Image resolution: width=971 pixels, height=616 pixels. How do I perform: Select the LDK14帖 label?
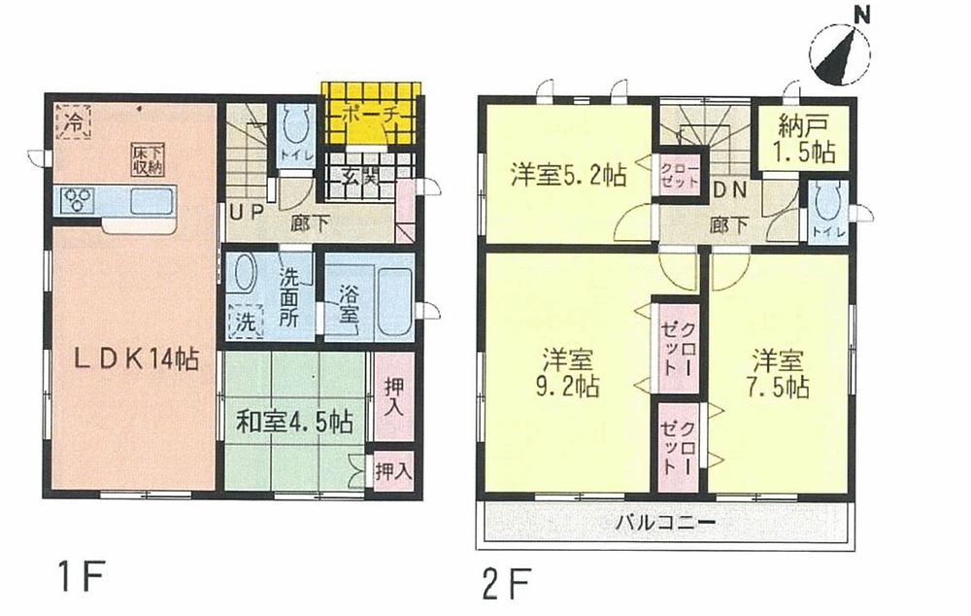[x=138, y=359]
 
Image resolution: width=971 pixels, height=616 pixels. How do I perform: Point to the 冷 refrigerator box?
[x=73, y=121]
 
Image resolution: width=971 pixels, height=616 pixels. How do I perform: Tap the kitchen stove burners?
[x=77, y=202]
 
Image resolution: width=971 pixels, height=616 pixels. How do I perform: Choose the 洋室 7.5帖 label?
[x=780, y=372]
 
